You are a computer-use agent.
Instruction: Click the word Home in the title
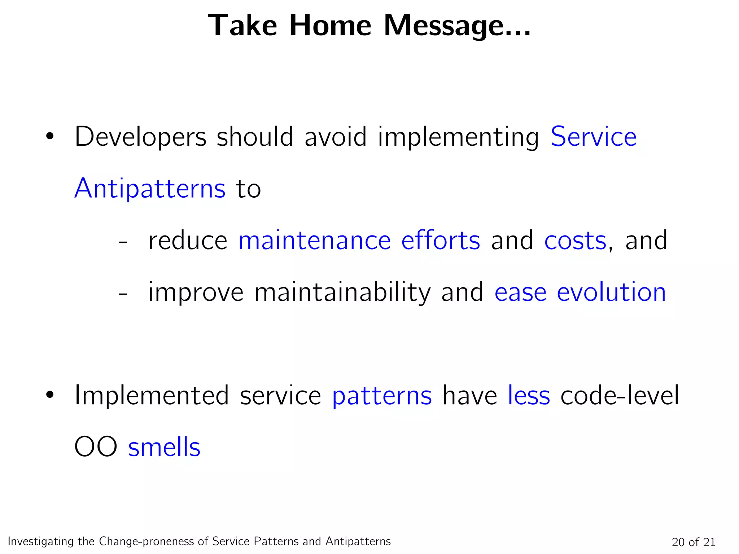pos(330,26)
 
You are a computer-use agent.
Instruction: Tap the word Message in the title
pos(457,26)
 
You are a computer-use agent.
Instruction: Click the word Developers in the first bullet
pos(140,137)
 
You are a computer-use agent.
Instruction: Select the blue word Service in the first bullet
pos(593,137)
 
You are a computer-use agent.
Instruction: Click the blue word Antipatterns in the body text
pos(150,189)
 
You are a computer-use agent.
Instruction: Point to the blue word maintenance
pos(314,241)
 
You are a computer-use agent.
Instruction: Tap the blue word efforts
pos(441,241)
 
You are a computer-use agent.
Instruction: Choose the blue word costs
pos(575,241)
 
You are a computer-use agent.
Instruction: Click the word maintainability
pos(342,292)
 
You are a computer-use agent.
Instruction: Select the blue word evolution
pos(611,292)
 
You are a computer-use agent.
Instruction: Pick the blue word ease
pos(520,292)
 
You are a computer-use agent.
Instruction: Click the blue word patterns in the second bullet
pos(382,396)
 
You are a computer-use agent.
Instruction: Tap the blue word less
pos(529,396)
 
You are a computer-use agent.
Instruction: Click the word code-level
pos(620,396)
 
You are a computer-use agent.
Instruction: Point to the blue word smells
pos(164,447)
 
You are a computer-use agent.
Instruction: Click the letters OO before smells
pos(96,447)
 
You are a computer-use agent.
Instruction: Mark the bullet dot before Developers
pos(49,137)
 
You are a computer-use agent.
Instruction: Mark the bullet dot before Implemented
pos(49,396)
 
